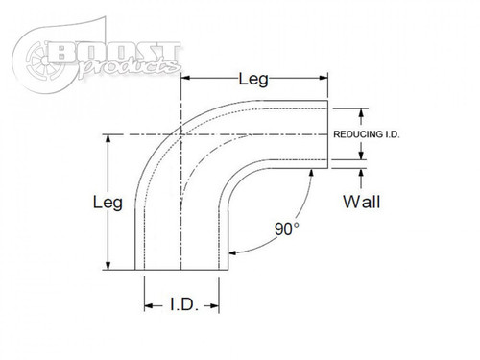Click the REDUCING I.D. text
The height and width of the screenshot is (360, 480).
365,134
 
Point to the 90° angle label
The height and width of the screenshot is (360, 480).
284,231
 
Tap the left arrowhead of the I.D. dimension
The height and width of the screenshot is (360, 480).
148,306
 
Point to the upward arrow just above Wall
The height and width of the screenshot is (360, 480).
361,174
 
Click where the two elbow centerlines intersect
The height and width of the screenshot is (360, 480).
180,133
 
